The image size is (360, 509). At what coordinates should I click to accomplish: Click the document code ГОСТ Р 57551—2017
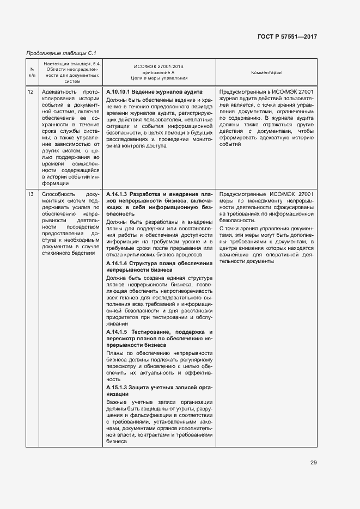point(287,36)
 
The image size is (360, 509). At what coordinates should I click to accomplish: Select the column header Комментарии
point(266,72)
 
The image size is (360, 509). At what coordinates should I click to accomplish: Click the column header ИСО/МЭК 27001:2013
point(158,66)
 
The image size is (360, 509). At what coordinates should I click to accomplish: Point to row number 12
point(31,92)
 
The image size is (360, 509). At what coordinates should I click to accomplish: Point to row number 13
point(31,194)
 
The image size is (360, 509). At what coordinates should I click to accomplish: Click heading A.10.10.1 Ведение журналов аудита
point(154,92)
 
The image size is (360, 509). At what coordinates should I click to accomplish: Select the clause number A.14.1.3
point(117,194)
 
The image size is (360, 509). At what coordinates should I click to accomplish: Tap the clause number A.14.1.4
point(117,263)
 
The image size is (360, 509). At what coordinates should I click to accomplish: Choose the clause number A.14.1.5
point(117,332)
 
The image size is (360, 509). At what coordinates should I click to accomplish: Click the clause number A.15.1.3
point(117,387)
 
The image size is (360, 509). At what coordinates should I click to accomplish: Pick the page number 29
point(314,463)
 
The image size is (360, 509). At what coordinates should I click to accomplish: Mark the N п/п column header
point(31,72)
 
